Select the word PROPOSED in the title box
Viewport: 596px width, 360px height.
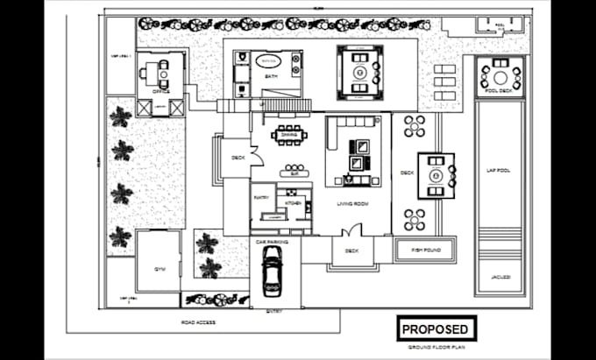pos(435,330)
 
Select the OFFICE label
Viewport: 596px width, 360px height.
pos(160,88)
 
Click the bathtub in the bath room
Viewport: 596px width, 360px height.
pos(268,62)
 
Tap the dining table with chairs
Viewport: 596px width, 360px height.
pos(288,134)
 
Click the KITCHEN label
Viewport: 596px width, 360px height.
pos(293,203)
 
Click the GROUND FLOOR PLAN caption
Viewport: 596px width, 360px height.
pos(435,348)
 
